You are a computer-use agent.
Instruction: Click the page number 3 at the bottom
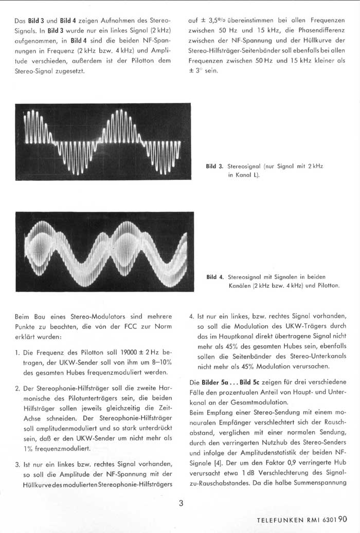click(181, 503)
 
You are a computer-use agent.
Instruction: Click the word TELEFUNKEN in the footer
click(279, 520)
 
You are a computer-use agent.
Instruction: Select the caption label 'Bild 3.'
click(214, 166)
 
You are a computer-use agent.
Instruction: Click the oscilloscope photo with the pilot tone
click(105, 251)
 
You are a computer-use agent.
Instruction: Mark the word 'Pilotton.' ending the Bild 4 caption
click(326, 285)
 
